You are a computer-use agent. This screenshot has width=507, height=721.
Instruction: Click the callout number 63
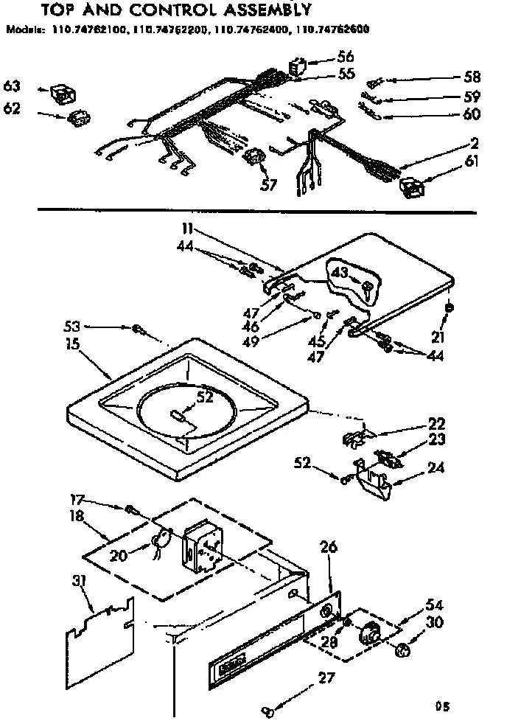click(12, 86)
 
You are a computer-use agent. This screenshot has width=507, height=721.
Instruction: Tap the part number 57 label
click(269, 184)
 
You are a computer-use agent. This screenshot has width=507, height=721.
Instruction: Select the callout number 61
click(471, 161)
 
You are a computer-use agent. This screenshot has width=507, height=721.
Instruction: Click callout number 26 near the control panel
click(329, 547)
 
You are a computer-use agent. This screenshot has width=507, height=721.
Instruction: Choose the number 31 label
click(80, 582)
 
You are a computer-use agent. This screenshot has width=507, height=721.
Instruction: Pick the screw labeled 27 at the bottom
click(270, 711)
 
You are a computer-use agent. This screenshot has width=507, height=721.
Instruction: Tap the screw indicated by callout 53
click(137, 330)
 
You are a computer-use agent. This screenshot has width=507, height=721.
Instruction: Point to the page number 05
click(442, 706)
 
